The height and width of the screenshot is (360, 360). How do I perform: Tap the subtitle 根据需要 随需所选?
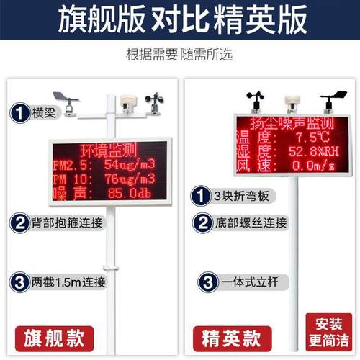click(x=180, y=55)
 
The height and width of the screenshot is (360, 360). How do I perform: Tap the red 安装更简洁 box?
click(x=328, y=330)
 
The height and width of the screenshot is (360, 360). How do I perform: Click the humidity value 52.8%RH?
click(x=315, y=151)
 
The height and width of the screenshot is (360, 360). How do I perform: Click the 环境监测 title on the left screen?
click(x=107, y=150)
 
